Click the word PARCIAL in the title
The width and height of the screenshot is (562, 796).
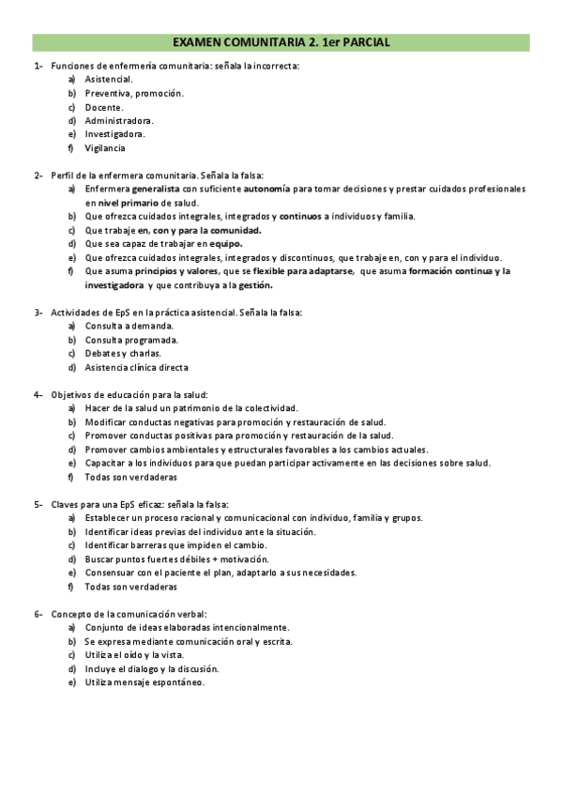point(360,42)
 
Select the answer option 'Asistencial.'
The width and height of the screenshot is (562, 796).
point(109,80)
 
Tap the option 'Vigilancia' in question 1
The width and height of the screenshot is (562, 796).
point(105,147)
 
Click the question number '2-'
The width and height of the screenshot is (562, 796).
point(38,175)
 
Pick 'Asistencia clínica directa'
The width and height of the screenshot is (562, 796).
point(143,367)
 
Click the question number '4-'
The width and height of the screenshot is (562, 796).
point(38,394)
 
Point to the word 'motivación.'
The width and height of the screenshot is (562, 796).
point(226,559)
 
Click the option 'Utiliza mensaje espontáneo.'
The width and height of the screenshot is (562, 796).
point(144,682)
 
